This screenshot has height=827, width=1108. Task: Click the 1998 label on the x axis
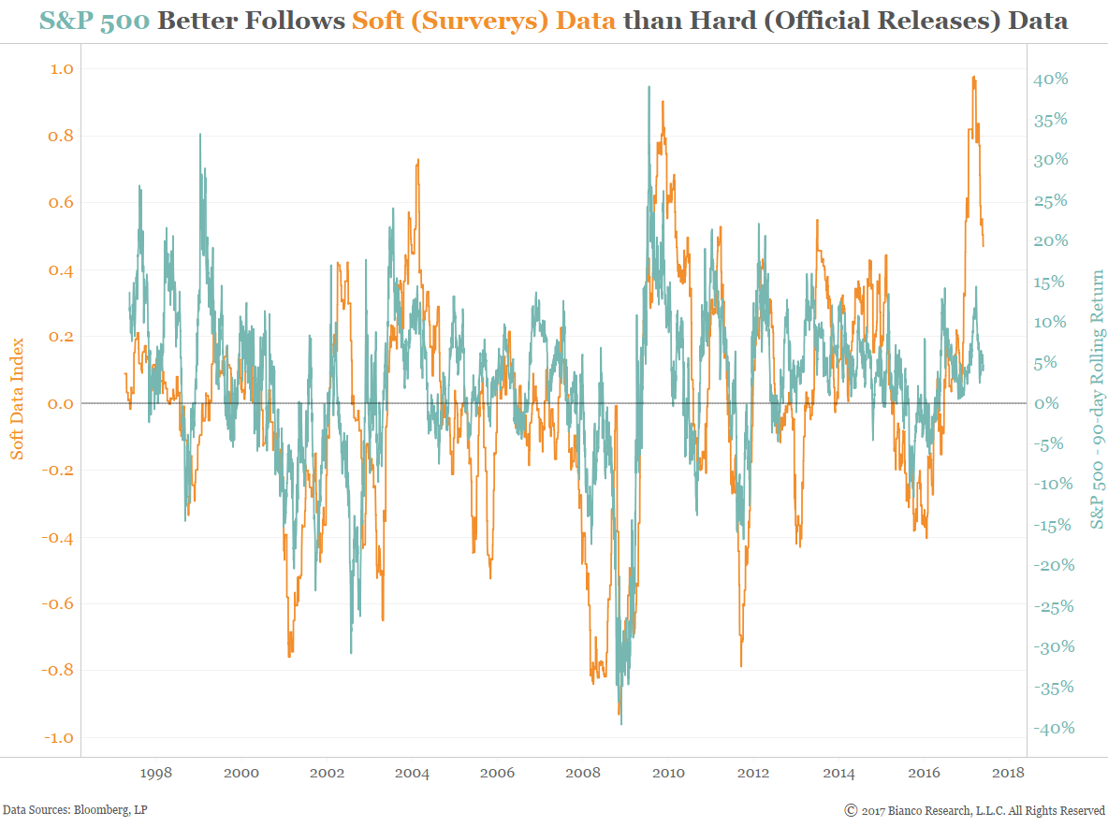pyautogui.click(x=155, y=774)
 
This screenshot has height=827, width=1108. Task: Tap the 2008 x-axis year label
pyautogui.click(x=584, y=774)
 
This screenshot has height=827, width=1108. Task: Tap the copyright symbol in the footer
pyautogui.click(x=851, y=810)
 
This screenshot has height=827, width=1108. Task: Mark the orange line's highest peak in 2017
pyautogui.click(x=973, y=78)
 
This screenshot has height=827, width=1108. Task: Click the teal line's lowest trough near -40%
pyautogui.click(x=621, y=723)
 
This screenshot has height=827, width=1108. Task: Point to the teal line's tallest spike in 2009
pyautogui.click(x=649, y=87)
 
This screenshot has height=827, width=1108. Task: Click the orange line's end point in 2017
pyautogui.click(x=983, y=245)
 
